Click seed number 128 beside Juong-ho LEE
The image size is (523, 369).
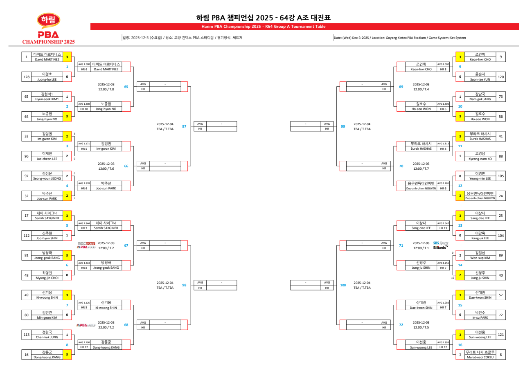pos(27,76)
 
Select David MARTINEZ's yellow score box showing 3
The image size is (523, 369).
pos(67,57)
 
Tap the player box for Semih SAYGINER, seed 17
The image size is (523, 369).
pos(47,216)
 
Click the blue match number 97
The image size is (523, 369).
pos(184,126)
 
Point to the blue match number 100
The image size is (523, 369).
pos(343,285)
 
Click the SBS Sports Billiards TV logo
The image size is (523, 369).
pos(441,245)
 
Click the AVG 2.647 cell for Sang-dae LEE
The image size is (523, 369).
pos(443,223)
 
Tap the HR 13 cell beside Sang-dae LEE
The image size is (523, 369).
pos(443,228)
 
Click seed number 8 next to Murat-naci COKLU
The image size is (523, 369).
pos(500,355)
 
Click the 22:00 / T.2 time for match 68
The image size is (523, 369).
pos(106,327)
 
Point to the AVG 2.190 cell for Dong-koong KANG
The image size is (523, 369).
pos(84,342)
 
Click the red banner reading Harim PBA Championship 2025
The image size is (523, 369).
pos(263,27)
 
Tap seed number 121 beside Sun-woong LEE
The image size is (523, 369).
pos(500,335)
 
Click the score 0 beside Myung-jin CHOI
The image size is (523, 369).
pos(67,275)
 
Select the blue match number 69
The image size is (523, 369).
pos(401,87)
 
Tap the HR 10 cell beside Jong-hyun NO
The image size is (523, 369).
pos(84,109)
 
